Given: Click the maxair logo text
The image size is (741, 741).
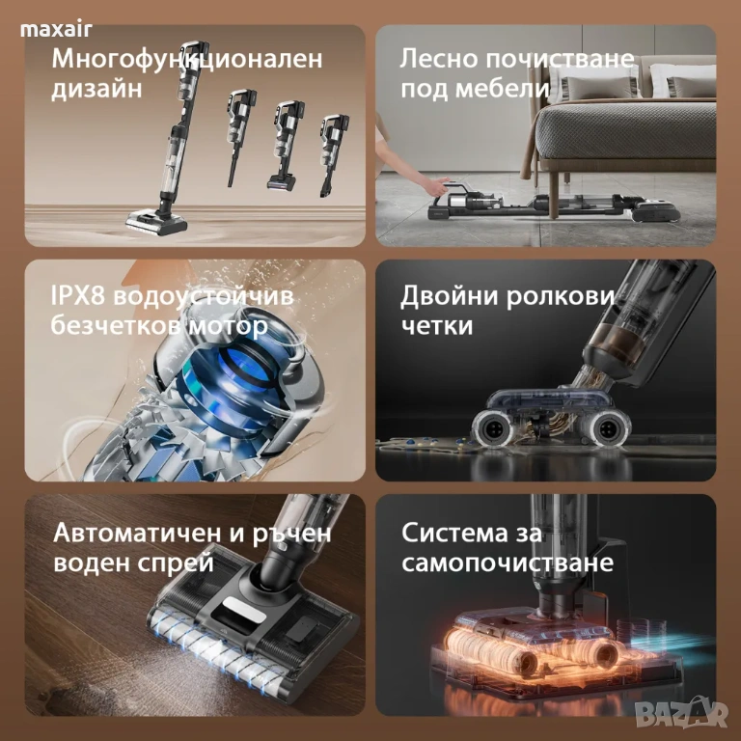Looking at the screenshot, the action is [56, 30].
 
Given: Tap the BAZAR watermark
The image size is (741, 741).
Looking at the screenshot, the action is [680, 713].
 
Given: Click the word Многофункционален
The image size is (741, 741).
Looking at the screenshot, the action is [187, 60].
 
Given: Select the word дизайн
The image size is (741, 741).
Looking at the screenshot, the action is [96, 89].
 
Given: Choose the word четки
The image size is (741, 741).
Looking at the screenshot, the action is [437, 326].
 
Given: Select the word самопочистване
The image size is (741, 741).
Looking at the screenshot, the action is [508, 563].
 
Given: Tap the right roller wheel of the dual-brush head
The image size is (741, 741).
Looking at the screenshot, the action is [607, 429].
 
